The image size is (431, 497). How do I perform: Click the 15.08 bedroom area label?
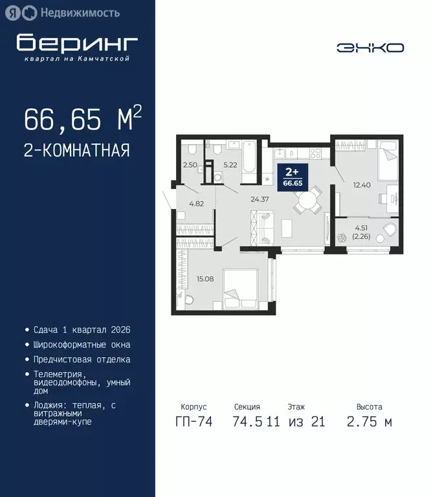tap(205, 279)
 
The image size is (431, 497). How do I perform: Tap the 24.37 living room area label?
tap(260, 199)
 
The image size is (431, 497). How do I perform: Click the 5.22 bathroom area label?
tap(231, 165)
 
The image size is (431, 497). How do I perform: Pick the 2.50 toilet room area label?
tap(190, 165)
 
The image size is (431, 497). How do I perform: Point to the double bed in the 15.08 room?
tap(241, 289)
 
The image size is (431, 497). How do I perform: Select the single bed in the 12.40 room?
tap(388, 155)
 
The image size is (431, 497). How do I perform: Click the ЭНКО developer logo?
tap(370, 47)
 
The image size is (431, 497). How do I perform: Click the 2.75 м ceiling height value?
tap(370, 423)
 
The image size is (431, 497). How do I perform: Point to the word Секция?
tap(247, 407)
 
